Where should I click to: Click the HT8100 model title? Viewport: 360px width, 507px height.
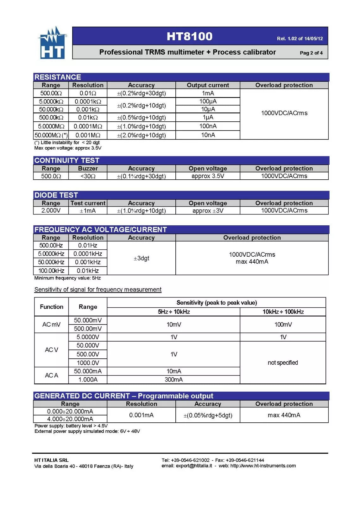(x=189, y=36)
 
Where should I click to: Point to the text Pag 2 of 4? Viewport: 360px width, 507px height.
(x=311, y=53)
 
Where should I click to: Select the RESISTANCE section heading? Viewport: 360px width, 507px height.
(x=58, y=77)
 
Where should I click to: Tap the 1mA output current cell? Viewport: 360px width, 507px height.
(x=208, y=93)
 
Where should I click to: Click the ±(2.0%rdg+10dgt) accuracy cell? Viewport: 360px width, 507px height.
(x=141, y=135)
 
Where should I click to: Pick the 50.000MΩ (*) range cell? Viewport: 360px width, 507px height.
(x=51, y=135)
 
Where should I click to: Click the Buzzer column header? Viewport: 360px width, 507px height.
(x=88, y=169)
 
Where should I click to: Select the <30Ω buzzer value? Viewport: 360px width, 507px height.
(x=88, y=176)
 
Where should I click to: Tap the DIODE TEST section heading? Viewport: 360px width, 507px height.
(x=56, y=195)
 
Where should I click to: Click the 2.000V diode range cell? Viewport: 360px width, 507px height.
(x=51, y=210)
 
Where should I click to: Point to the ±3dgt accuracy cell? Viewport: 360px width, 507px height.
(x=141, y=258)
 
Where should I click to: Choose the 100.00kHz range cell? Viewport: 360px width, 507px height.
(x=51, y=271)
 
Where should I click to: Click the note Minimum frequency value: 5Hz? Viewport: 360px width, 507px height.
(x=67, y=278)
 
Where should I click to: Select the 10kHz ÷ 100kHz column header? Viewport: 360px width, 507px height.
(x=283, y=312)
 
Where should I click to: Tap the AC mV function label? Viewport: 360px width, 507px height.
(x=51, y=324)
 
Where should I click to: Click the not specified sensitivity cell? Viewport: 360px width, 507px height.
(x=283, y=363)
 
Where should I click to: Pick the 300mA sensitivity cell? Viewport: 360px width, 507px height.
(x=174, y=380)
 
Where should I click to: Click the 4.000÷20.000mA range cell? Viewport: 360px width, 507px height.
(x=70, y=419)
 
